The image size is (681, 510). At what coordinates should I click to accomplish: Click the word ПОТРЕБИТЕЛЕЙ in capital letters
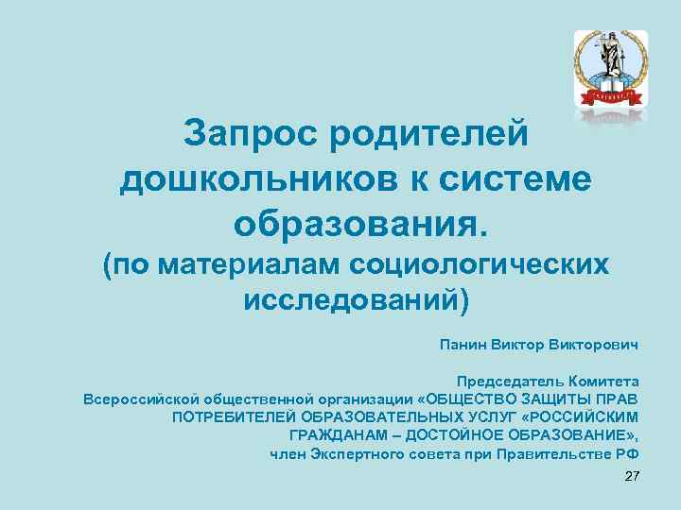coord(235,416)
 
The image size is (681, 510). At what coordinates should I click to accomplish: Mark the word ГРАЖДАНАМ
coord(336,434)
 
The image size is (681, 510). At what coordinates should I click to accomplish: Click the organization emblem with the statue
coord(610,68)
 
